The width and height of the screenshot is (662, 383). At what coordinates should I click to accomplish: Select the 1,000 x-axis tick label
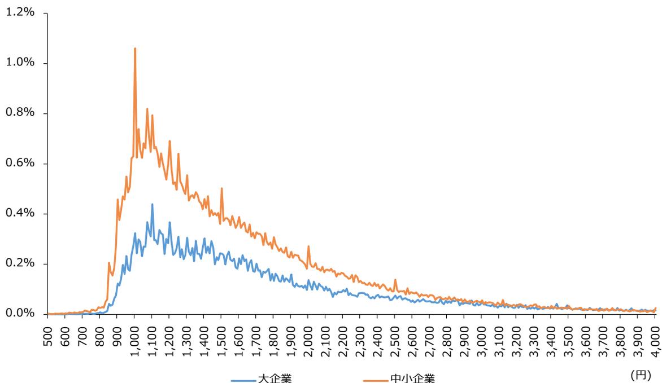click(135, 338)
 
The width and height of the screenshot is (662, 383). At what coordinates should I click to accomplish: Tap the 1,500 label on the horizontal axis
click(222, 338)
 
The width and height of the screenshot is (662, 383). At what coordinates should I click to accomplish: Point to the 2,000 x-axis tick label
click(308, 338)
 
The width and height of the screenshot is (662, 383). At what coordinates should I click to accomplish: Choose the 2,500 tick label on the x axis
click(395, 338)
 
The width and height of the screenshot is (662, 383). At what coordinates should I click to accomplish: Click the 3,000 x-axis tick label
click(482, 338)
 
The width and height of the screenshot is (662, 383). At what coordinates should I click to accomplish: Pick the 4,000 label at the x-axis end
click(655, 338)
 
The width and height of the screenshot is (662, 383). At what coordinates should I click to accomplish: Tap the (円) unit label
click(641, 375)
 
